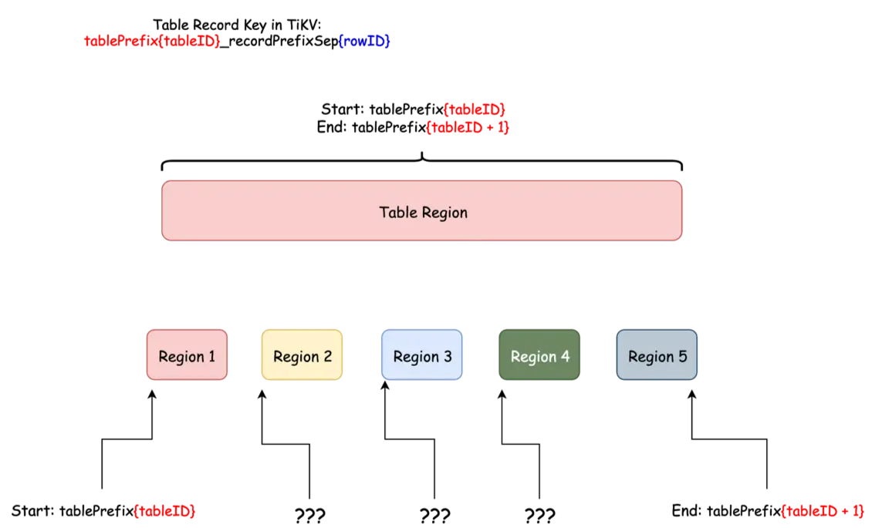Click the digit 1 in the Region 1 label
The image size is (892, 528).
[x=211, y=357]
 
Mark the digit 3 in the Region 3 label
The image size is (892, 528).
[x=448, y=357]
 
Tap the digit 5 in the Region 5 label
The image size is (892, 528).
[x=682, y=357]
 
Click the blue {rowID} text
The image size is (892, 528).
[x=365, y=41]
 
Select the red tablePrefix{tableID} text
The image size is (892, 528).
[x=151, y=41]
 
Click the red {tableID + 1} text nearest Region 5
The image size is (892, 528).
[x=823, y=510]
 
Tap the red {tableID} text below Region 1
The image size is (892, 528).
[x=164, y=510]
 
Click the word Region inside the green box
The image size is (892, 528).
[x=533, y=357]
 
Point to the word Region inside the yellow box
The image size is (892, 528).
[x=296, y=357]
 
